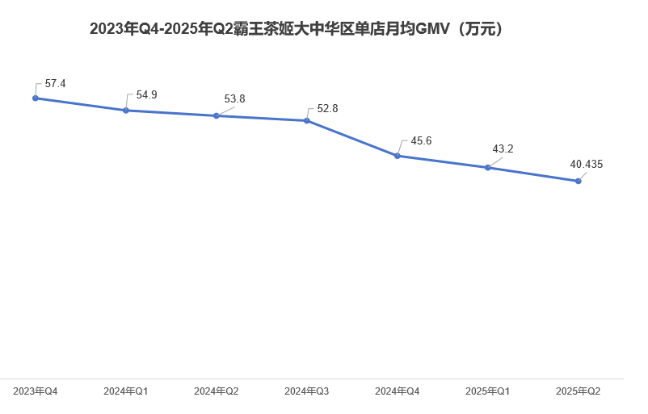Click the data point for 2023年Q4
pyautogui.click(x=36, y=98)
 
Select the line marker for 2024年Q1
pyautogui.click(x=126, y=111)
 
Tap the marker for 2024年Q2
pyautogui.click(x=217, y=116)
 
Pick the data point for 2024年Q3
pyautogui.click(x=307, y=121)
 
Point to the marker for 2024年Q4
pyautogui.click(x=398, y=156)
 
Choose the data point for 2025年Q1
pyautogui.click(x=488, y=168)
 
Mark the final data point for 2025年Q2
pyautogui.click(x=579, y=182)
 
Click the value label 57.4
pyautogui.click(x=56, y=84)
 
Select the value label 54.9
pyautogui.click(x=146, y=95)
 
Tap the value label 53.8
pyautogui.click(x=234, y=99)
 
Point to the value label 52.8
pyautogui.click(x=327, y=109)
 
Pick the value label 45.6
pyautogui.click(x=421, y=141)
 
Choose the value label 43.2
pyautogui.click(x=503, y=149)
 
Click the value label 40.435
pyautogui.click(x=587, y=165)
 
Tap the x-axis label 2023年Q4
pyautogui.click(x=36, y=391)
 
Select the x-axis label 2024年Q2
pyautogui.click(x=217, y=391)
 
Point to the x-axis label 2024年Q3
pyautogui.click(x=307, y=391)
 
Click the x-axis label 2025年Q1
pyautogui.click(x=488, y=391)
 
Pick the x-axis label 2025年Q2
pyautogui.click(x=579, y=391)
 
